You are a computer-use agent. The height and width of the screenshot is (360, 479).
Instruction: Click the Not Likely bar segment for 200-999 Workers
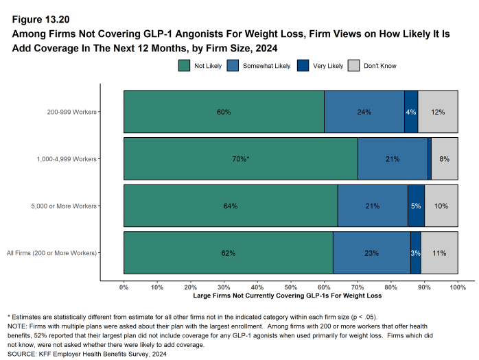click(224, 112)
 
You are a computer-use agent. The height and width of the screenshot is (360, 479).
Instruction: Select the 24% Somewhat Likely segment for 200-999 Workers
click(364, 112)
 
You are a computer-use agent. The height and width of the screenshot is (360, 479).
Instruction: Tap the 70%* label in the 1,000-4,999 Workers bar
click(240, 159)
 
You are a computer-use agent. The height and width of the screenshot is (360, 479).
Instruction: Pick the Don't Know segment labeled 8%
click(445, 159)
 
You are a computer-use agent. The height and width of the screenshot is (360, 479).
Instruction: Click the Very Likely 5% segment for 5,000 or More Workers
click(416, 206)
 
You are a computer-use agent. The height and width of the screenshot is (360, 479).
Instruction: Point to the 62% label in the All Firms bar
click(228, 253)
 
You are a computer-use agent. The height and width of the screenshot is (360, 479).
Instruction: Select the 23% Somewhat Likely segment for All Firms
click(371, 253)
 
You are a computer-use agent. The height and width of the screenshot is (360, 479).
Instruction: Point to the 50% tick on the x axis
click(291, 287)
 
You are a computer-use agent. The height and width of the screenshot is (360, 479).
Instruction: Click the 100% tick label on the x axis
click(457, 287)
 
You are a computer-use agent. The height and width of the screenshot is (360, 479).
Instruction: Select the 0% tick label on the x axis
click(124, 287)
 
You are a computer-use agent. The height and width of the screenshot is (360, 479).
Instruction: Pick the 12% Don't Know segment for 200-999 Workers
click(438, 112)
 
